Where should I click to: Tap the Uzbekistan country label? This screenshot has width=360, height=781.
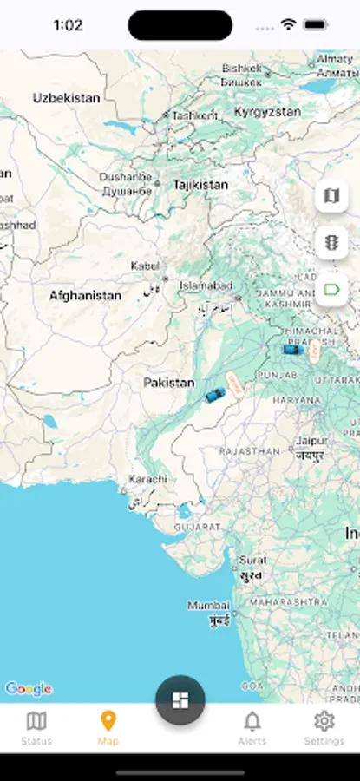tap(67, 98)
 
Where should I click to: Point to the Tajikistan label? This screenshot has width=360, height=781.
tap(200, 185)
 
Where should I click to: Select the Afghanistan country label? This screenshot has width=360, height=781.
tap(85, 296)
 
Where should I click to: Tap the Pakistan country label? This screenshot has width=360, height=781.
tap(169, 383)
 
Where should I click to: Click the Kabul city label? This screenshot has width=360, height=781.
tap(145, 266)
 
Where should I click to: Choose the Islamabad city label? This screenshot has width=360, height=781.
tap(206, 285)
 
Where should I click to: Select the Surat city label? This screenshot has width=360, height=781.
tap(252, 560)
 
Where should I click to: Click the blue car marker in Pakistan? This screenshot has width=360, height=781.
tap(214, 395)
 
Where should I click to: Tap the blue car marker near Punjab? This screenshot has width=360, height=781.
tap(293, 350)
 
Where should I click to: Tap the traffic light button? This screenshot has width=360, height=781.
tap(331, 243)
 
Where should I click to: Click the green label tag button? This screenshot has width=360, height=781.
tap(331, 289)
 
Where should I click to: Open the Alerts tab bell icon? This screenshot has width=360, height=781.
tap(252, 721)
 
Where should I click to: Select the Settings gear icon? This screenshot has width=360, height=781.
tap(324, 721)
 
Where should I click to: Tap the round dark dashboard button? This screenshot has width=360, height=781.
tap(180, 699)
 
